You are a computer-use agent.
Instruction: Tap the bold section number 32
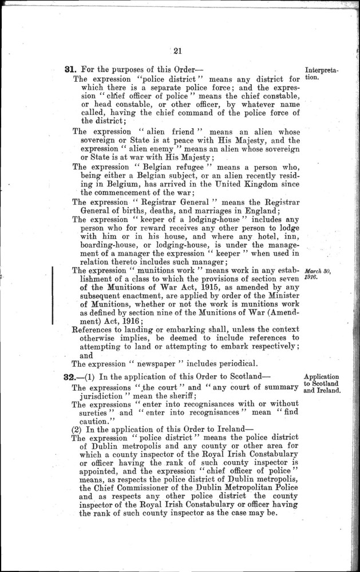coord(72,378)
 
